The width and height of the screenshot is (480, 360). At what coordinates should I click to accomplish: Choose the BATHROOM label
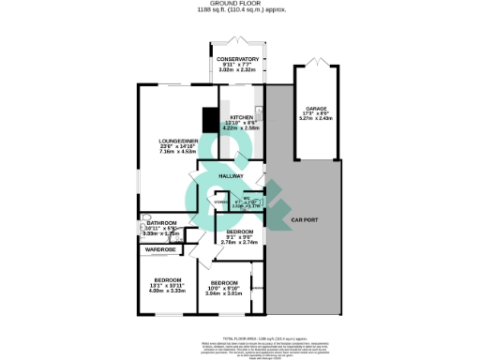[x=161, y=222]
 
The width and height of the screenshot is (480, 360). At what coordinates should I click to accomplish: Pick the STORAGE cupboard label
[x=220, y=202]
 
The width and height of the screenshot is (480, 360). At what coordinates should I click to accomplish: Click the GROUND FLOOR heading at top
[x=239, y=5]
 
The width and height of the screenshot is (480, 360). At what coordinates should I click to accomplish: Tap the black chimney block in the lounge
[x=210, y=120]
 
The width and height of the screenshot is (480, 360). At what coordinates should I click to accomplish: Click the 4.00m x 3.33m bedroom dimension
[x=161, y=291]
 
